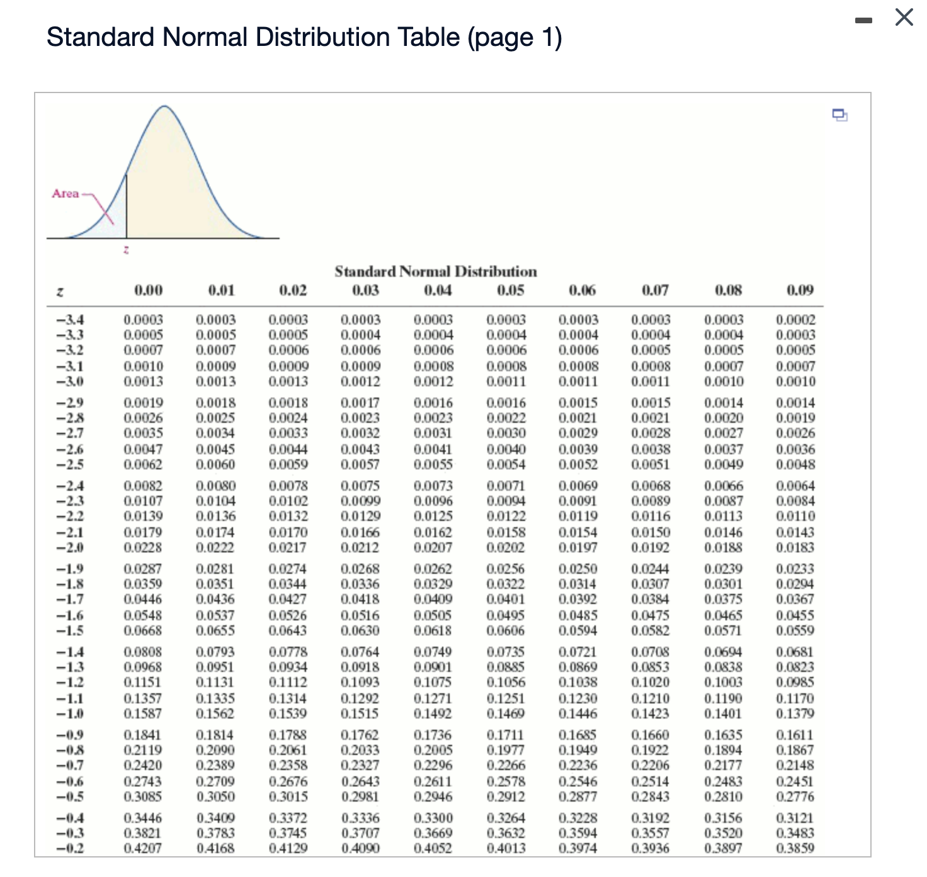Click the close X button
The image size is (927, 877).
point(904,17)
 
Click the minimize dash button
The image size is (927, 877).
point(863,20)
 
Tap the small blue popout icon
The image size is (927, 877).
point(839,115)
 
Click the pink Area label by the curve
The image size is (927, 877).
point(65,193)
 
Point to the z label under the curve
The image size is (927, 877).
point(126,250)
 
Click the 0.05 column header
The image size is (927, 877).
point(510,290)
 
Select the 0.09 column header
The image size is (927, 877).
point(800,290)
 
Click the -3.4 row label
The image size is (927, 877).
point(71,320)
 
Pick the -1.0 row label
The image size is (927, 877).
point(71,713)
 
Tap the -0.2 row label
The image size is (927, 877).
point(71,848)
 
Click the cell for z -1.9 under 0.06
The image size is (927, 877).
point(578,569)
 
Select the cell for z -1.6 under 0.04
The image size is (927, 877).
point(433,615)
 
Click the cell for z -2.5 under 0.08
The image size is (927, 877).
point(724,464)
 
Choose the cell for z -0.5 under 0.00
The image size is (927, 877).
point(143,796)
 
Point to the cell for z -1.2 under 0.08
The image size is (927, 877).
point(724,683)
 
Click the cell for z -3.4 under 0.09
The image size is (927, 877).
point(795,320)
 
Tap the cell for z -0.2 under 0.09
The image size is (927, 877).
point(795,848)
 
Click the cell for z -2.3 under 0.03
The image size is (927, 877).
point(360,501)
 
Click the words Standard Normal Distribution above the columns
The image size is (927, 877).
point(436,271)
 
